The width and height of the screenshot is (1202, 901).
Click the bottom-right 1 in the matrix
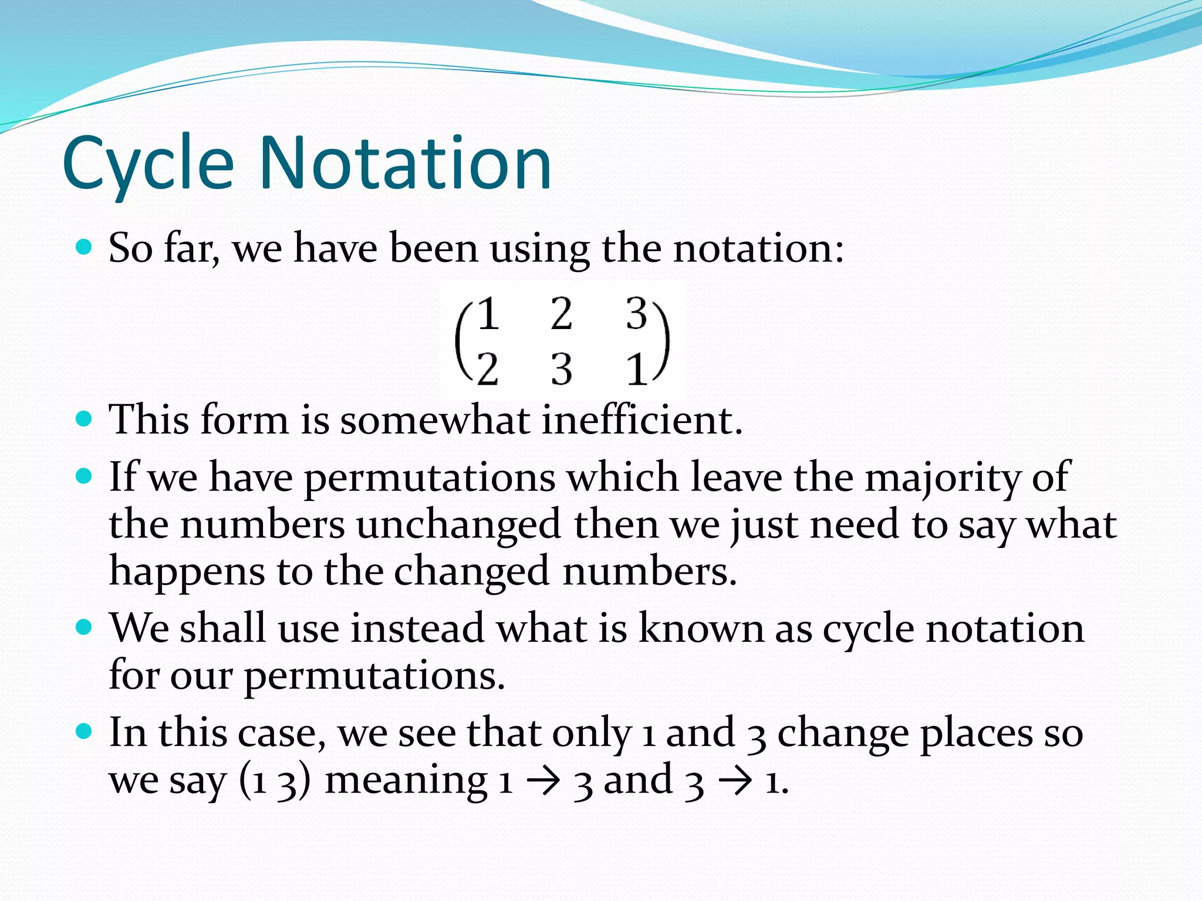click(636, 370)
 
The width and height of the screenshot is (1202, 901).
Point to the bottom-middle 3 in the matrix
click(562, 370)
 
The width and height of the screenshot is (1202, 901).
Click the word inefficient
click(641, 419)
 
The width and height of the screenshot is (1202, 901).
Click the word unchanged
click(458, 524)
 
